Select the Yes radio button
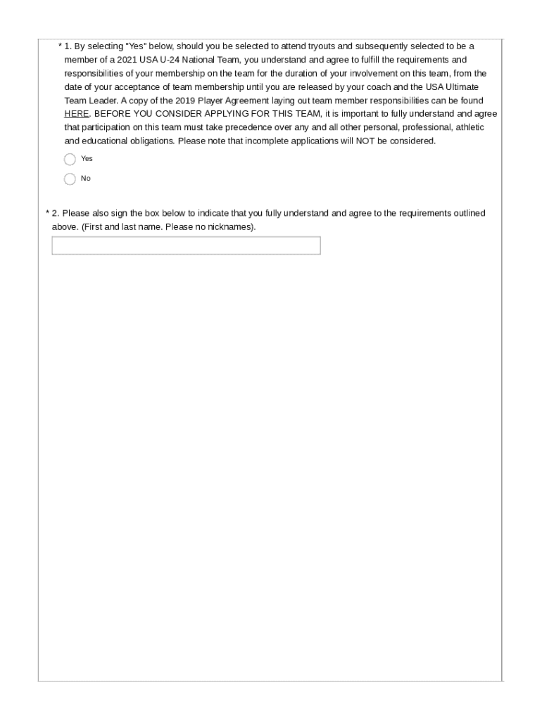click(x=70, y=159)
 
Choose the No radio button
click(x=70, y=179)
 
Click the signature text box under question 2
click(x=186, y=245)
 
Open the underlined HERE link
click(x=76, y=114)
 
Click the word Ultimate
click(x=462, y=87)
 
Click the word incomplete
click(x=265, y=141)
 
